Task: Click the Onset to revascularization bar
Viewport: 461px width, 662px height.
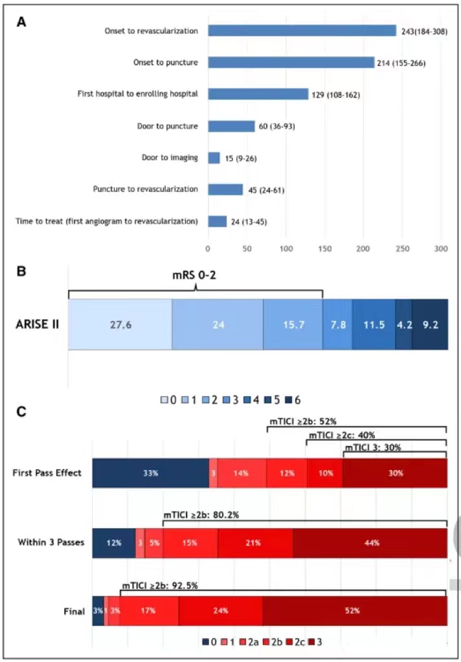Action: [x=302, y=30]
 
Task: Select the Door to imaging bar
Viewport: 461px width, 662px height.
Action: [x=214, y=158]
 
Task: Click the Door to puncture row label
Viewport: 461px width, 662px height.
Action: [x=170, y=126]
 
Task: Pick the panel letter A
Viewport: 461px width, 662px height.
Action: [x=22, y=21]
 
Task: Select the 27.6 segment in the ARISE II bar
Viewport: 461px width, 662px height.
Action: [x=120, y=325]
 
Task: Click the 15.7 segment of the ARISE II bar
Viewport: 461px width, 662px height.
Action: [x=293, y=325]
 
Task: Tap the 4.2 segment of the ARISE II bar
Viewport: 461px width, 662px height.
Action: [x=403, y=325]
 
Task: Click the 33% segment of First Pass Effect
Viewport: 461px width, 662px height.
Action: [x=150, y=473]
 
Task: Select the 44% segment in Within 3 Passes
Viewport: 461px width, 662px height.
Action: [x=370, y=542]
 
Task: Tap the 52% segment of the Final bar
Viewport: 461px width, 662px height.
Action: [x=354, y=610]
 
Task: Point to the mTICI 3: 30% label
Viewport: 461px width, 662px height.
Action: [x=372, y=447]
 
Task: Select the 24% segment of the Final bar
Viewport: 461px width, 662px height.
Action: [x=220, y=610]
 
